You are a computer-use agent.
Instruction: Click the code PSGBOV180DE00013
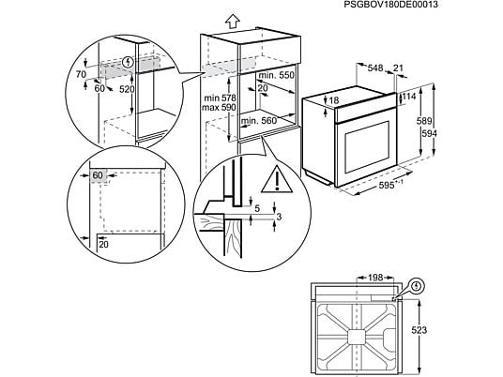point(390,5)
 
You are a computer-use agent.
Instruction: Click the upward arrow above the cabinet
point(233,22)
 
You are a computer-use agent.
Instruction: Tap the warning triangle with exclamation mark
point(277,179)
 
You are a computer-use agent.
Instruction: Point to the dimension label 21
point(398,68)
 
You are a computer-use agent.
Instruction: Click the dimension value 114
point(409,97)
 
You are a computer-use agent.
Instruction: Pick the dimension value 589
point(424,121)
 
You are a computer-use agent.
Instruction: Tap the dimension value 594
point(429,133)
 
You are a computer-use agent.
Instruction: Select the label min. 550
point(276,75)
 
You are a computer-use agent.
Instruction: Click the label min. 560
point(259,121)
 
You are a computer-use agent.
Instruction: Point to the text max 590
point(219,108)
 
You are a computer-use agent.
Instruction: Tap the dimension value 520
point(127,89)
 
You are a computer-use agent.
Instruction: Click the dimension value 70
point(81,74)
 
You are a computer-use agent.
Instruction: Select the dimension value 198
point(375,278)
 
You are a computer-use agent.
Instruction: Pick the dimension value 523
point(419,330)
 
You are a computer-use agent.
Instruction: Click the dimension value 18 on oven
point(334,100)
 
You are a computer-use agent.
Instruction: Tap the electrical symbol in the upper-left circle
point(129,62)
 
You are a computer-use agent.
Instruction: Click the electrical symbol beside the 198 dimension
point(417,285)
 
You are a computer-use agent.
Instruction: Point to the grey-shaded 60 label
point(98,175)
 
